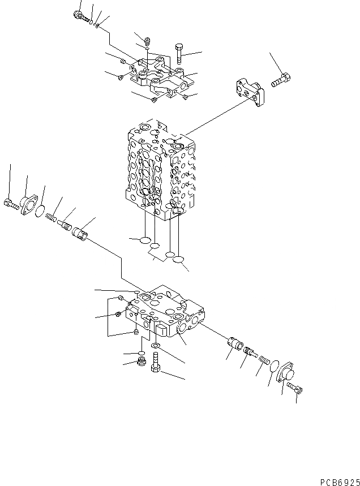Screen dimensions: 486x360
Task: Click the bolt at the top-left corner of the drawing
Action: tap(80, 17)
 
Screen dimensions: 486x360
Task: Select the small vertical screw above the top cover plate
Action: tap(147, 41)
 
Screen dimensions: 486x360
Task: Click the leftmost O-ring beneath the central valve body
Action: tap(144, 240)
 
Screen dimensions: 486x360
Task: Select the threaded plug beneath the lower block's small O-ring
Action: tap(141, 361)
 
